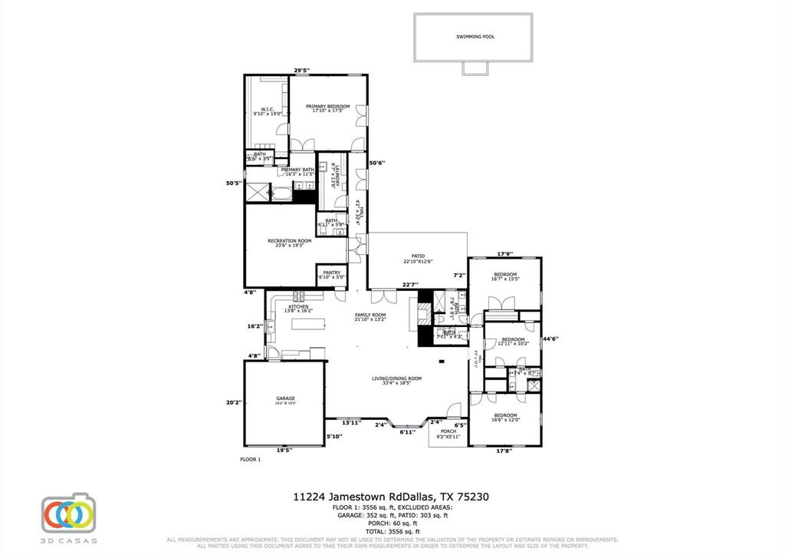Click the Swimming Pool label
(x=475, y=37)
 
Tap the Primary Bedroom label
(x=327, y=106)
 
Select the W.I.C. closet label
(x=268, y=110)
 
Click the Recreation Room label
(x=289, y=241)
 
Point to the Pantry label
(x=331, y=273)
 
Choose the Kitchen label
(x=298, y=307)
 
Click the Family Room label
(x=370, y=315)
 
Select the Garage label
(x=285, y=398)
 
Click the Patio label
(x=418, y=256)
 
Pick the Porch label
(x=448, y=431)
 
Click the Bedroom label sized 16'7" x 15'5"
(x=504, y=275)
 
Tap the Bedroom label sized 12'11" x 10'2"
(x=512, y=339)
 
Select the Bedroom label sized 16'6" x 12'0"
(x=504, y=415)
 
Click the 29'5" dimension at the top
(x=302, y=71)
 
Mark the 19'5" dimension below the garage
(x=283, y=451)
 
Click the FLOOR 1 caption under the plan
(x=251, y=460)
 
